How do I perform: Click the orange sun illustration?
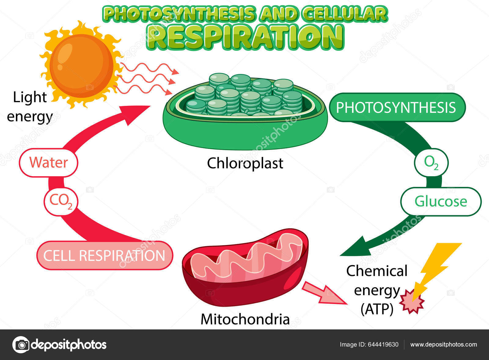[81, 65]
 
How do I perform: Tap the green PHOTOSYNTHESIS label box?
[397, 107]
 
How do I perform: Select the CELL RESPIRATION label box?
[105, 255]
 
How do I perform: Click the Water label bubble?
[49, 162]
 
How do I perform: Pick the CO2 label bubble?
[61, 201]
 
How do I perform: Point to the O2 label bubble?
[431, 162]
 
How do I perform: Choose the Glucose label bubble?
[441, 201]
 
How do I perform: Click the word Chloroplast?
[245, 163]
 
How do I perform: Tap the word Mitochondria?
[245, 319]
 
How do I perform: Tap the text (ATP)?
[377, 309]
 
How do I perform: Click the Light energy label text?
[30, 107]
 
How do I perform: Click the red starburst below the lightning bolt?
[412, 302]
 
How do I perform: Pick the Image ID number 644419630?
[383, 345]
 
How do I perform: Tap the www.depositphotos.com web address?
[443, 345]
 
